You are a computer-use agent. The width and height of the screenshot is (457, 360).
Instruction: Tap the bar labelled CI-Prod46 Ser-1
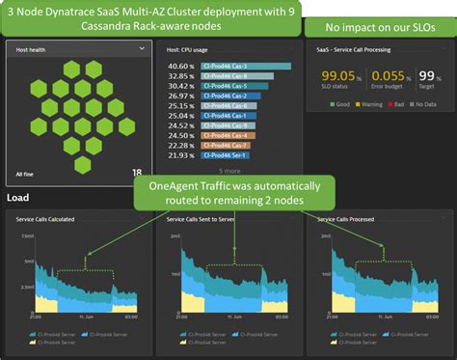(x=228, y=154)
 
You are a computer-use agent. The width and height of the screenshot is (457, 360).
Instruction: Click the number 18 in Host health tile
(x=137, y=174)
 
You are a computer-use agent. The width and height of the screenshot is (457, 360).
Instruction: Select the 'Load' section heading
(x=17, y=199)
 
